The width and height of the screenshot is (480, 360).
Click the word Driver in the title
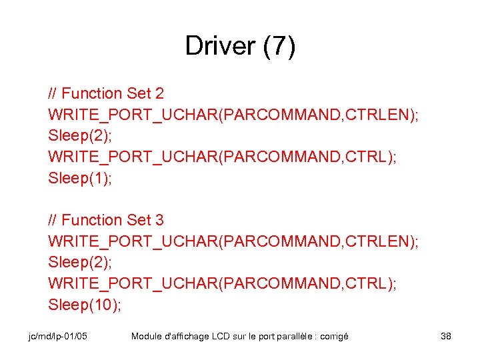pyautogui.click(x=221, y=46)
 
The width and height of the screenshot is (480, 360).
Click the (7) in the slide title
pyautogui.click(x=279, y=46)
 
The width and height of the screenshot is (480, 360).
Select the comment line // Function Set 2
pyautogui.click(x=106, y=93)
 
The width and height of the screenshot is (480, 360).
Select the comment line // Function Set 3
pyautogui.click(x=106, y=220)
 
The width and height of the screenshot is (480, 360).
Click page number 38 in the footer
pyautogui.click(x=446, y=337)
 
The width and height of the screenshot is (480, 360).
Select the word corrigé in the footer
pyautogui.click(x=334, y=337)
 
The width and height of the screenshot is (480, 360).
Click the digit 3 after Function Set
pyautogui.click(x=159, y=220)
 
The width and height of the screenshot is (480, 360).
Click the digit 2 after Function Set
pyautogui.click(x=159, y=93)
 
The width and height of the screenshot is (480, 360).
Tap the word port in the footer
pyautogui.click(x=267, y=337)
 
